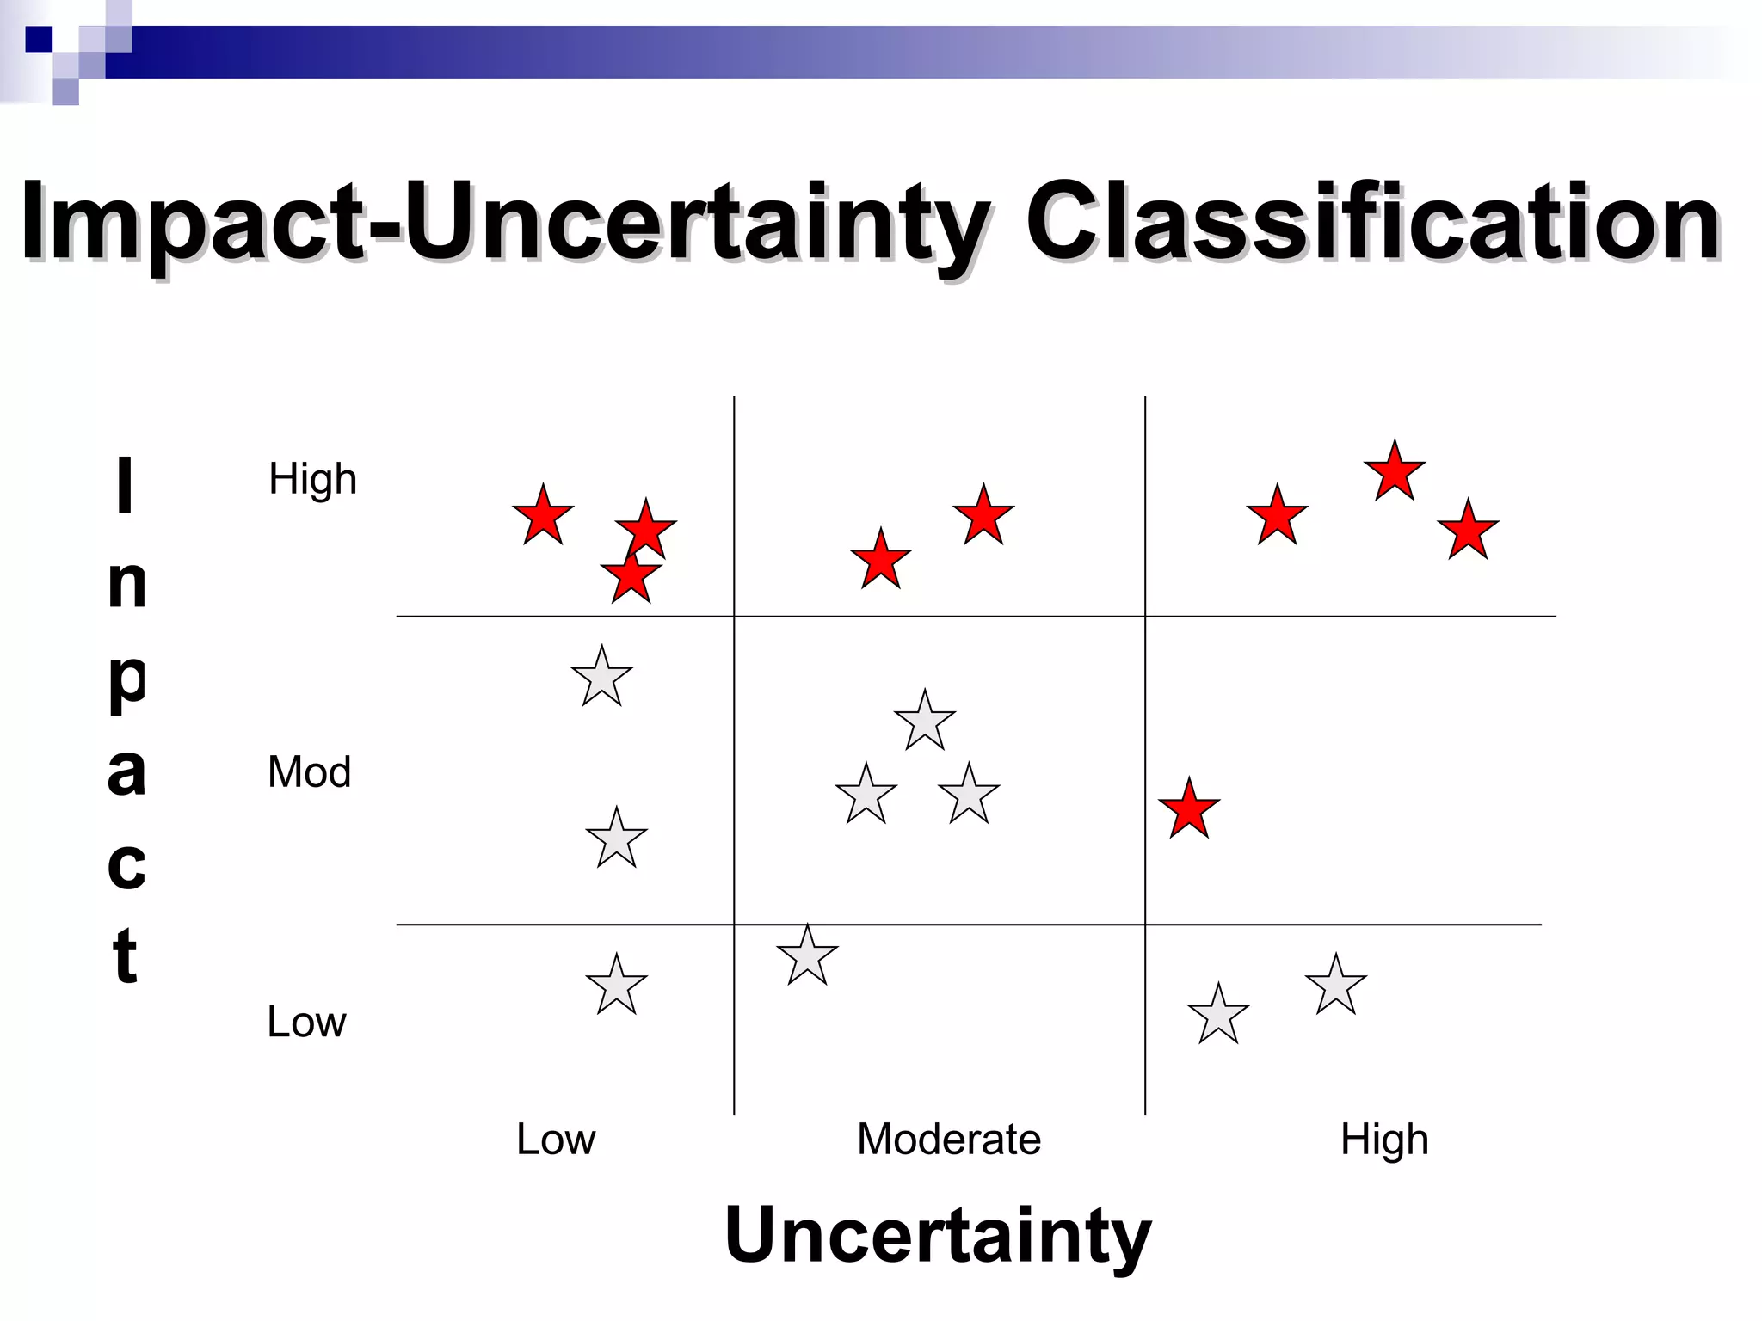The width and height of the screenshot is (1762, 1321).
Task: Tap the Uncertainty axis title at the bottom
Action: tap(937, 1235)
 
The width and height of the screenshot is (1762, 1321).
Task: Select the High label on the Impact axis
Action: tap(312, 479)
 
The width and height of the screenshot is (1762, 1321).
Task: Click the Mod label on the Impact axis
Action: tap(309, 771)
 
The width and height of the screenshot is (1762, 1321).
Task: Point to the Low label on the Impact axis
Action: tap(306, 1022)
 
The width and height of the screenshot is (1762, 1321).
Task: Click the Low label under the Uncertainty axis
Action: tap(555, 1139)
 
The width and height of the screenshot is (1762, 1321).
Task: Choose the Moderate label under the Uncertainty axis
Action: tap(949, 1139)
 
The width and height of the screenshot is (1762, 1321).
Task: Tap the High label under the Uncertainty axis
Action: tap(1383, 1139)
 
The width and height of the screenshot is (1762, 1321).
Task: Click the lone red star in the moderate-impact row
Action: tap(1189, 809)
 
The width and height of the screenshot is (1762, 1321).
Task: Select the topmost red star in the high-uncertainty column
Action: tap(1395, 471)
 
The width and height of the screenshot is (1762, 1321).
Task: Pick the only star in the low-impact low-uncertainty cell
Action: tap(616, 986)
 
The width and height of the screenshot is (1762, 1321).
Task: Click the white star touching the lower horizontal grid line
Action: tap(807, 956)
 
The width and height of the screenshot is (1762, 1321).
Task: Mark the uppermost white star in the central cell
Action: tap(925, 722)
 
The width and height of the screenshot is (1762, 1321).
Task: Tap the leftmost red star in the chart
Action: tap(543, 516)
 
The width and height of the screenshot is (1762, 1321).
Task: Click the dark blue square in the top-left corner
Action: tap(39, 40)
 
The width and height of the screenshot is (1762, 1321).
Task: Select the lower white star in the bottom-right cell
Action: tap(1218, 1016)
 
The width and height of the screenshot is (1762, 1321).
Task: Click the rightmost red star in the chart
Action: tap(1468, 531)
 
